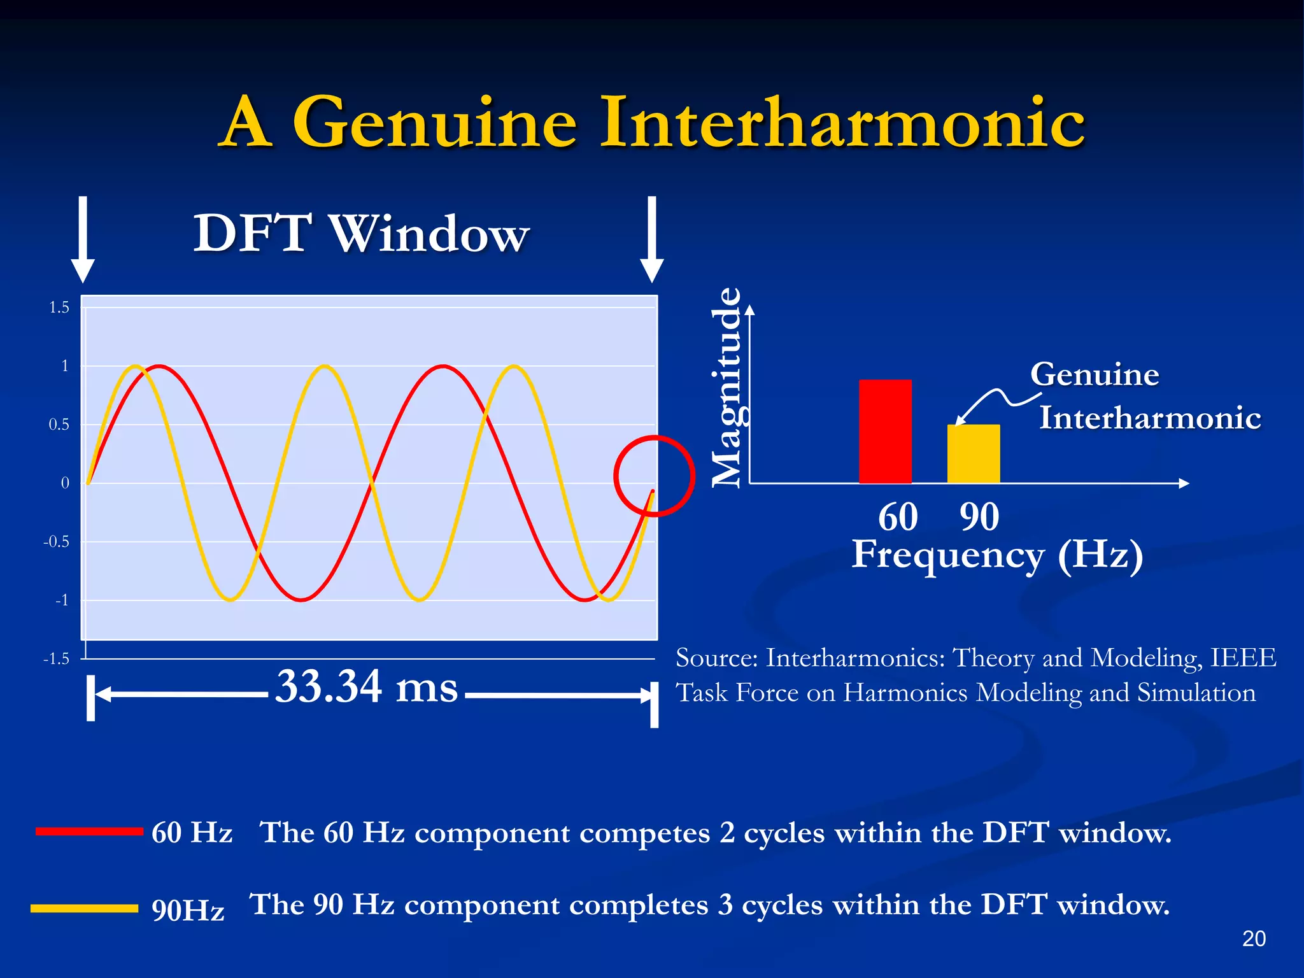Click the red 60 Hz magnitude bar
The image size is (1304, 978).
(x=885, y=432)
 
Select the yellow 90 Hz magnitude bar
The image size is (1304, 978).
(x=973, y=454)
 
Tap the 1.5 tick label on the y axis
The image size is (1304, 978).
(x=59, y=308)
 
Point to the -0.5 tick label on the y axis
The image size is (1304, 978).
(x=56, y=542)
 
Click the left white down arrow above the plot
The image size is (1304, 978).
(x=83, y=239)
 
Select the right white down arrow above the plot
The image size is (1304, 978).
(x=651, y=239)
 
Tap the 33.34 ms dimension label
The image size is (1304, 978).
(x=366, y=687)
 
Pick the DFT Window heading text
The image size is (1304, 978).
(x=361, y=234)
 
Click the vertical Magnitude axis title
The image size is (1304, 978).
(x=726, y=388)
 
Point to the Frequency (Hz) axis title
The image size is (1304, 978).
(x=997, y=555)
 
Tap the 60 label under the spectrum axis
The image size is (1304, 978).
(x=898, y=517)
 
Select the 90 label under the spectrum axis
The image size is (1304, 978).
(x=979, y=517)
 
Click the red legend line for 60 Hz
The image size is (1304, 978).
(x=89, y=831)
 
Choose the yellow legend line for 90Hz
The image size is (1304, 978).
(x=84, y=909)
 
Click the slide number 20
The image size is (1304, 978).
(x=1253, y=939)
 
